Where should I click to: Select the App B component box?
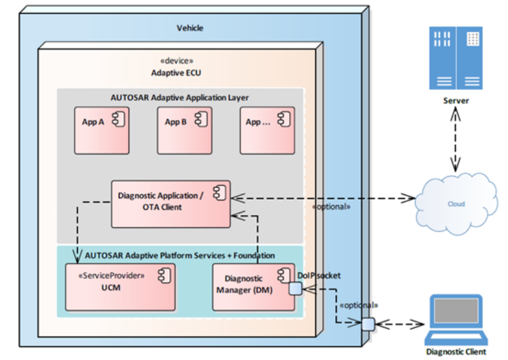pyautogui.click(x=184, y=130)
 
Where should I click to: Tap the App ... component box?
pyautogui.click(x=267, y=130)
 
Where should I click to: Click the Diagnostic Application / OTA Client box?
pyautogui.click(x=170, y=203)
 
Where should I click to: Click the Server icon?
pyautogui.click(x=456, y=57)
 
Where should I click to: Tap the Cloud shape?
pyautogui.click(x=455, y=203)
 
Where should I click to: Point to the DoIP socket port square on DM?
pyautogui.click(x=295, y=288)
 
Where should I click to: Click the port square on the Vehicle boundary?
pyautogui.click(x=367, y=323)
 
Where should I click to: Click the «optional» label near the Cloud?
pyautogui.click(x=331, y=207)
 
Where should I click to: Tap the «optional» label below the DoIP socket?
pyautogui.click(x=358, y=304)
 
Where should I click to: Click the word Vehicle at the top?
pyautogui.click(x=190, y=28)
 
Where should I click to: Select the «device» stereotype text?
pyautogui.click(x=176, y=61)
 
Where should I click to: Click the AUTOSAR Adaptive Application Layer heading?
pyautogui.click(x=180, y=97)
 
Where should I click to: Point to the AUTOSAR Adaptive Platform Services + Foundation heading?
pyautogui.click(x=180, y=255)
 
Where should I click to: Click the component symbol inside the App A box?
pyautogui.click(x=118, y=120)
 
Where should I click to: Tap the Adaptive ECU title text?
pyautogui.click(x=176, y=73)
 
